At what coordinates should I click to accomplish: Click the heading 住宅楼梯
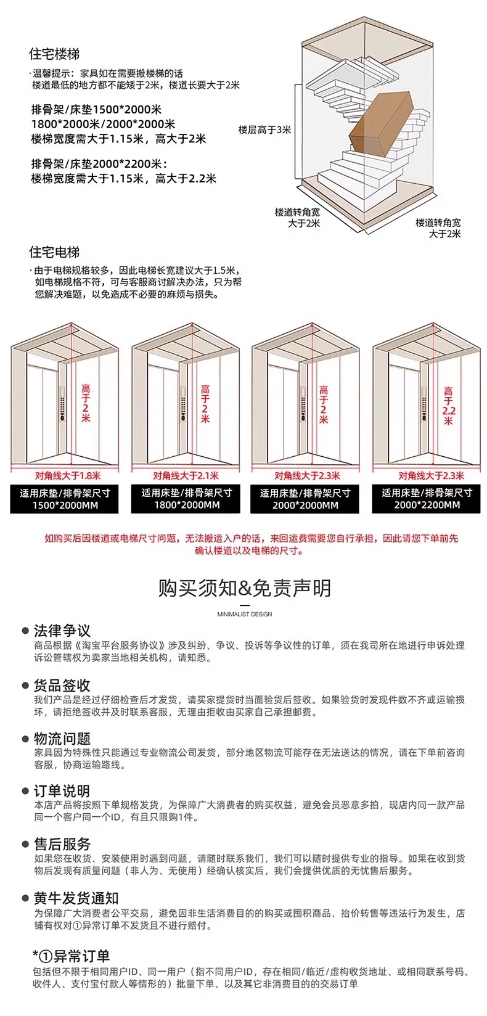[x=54, y=54]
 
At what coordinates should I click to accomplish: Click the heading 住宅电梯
[x=54, y=252]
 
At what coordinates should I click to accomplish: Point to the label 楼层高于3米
[x=264, y=130]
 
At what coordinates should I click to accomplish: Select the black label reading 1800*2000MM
[x=186, y=499]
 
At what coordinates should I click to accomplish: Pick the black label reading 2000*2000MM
[x=305, y=499]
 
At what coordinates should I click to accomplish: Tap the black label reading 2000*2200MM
[x=427, y=499]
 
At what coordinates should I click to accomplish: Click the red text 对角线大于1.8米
[x=67, y=475]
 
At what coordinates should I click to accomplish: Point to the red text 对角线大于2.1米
[x=186, y=475]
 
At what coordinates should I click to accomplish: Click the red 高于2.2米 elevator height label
[x=448, y=406]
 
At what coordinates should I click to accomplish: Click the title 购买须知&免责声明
[x=244, y=588]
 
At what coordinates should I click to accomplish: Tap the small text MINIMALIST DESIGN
[x=244, y=614]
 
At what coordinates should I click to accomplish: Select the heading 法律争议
[x=62, y=631]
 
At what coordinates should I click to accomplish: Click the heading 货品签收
[x=62, y=685]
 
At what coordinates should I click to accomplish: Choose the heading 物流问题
[x=62, y=739]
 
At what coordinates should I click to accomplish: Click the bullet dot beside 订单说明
[x=26, y=791]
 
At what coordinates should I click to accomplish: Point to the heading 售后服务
[x=62, y=844]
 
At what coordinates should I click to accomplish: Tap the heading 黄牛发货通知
[x=76, y=898]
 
